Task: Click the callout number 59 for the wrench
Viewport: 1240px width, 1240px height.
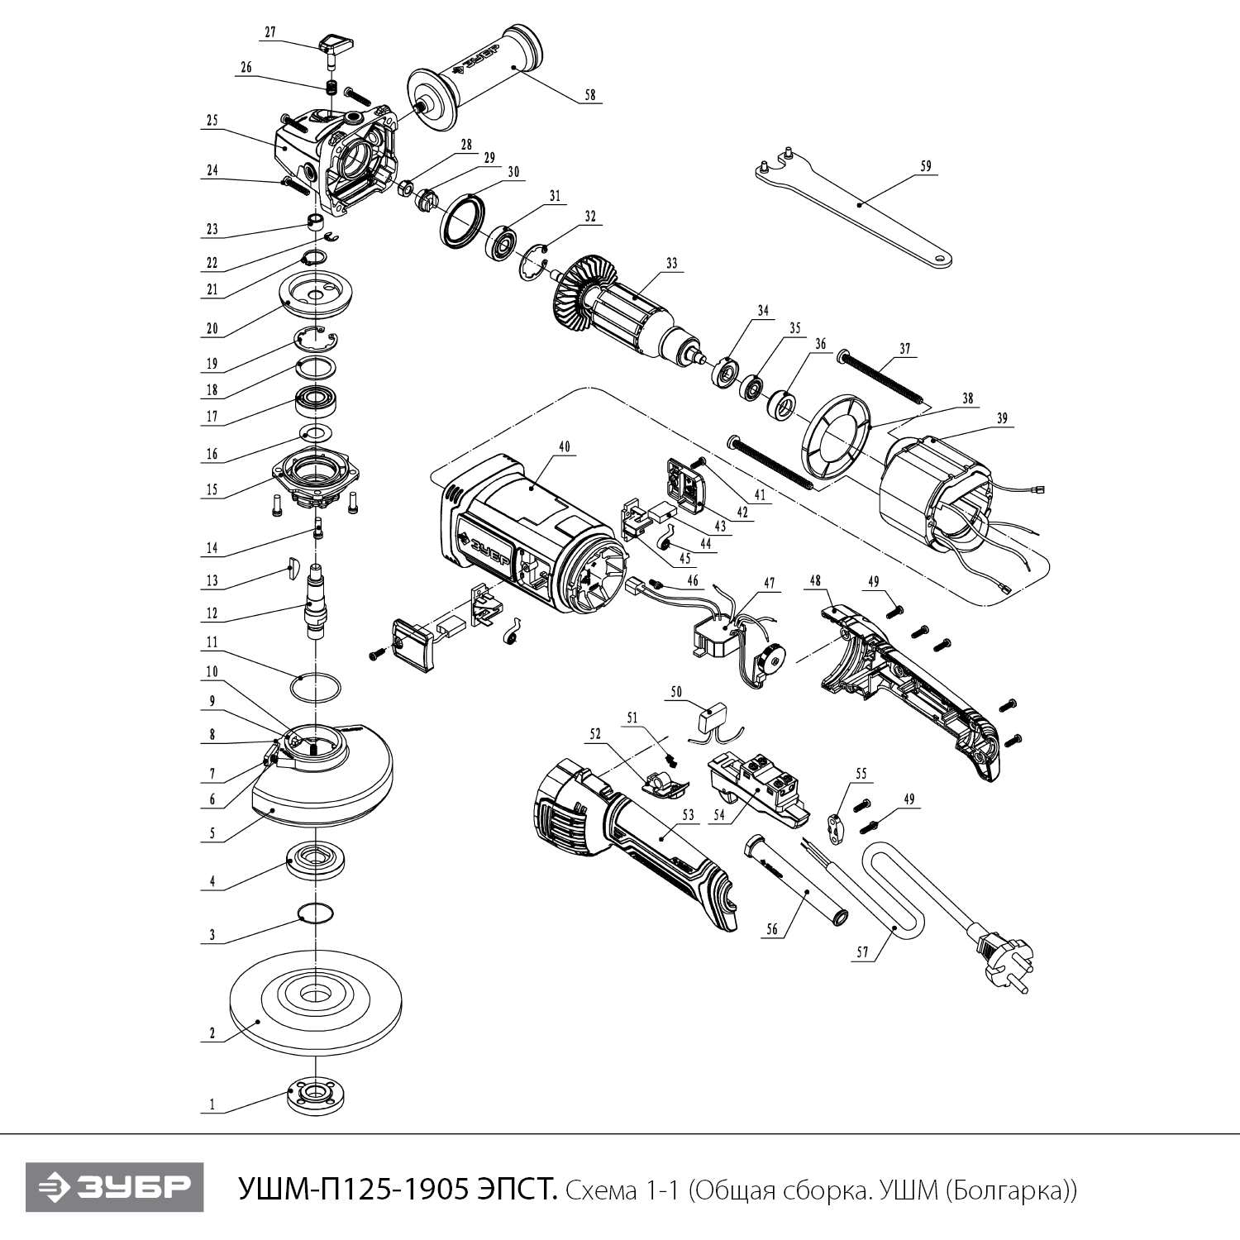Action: (x=925, y=166)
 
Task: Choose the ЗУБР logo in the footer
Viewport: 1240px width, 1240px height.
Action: (x=115, y=1188)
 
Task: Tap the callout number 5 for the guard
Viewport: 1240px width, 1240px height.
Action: (x=212, y=834)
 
